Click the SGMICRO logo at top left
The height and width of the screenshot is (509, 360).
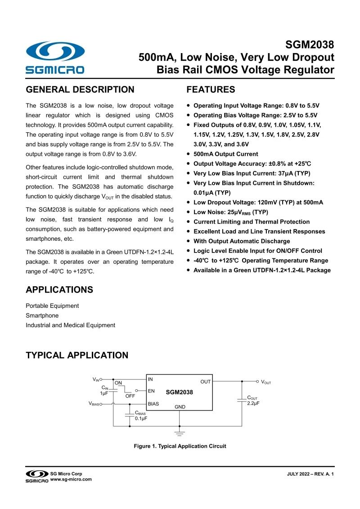pos(54,58)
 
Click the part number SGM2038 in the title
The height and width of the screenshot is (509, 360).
pos(310,45)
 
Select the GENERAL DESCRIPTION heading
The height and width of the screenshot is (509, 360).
pos(80,90)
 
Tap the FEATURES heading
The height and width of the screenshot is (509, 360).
pos(211,90)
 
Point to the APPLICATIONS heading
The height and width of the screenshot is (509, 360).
pos(59,289)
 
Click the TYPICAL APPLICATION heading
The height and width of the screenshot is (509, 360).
pos(77,355)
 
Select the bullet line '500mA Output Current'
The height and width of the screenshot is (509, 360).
pos(225,154)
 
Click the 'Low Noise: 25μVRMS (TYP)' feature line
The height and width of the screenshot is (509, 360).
pos(230,212)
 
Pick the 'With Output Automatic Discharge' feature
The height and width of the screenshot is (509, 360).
pos(241,241)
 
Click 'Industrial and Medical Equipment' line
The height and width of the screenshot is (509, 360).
pos(71,325)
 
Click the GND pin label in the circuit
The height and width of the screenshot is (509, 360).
pos(180,407)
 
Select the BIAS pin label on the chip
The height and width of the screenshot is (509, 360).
pos(153,404)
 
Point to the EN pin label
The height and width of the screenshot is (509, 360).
pos(151,391)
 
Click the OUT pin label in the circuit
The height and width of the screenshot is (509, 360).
pos(205,382)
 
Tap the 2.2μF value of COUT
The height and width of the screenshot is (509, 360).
pos(253,403)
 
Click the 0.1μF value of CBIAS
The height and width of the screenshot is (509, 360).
pos(141,418)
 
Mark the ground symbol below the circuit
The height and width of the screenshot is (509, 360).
pos(180,434)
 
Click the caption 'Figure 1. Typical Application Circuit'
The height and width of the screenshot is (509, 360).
pos(180,446)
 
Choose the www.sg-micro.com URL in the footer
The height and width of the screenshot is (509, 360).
pos(71,479)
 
